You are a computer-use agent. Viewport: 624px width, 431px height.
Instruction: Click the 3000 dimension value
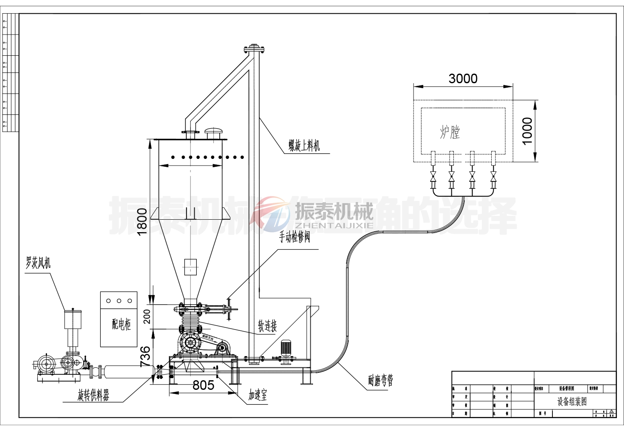coord(463,79)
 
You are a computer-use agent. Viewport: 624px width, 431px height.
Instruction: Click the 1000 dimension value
coord(527,131)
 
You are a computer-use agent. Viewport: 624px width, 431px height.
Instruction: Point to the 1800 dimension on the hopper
coord(142,221)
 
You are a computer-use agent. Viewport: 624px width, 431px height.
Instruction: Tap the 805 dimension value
coord(203,385)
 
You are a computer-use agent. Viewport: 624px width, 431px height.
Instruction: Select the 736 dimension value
coord(145,356)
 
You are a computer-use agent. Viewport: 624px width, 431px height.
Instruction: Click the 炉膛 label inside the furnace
coord(450,132)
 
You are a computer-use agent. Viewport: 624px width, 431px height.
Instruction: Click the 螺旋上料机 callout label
coord(305,146)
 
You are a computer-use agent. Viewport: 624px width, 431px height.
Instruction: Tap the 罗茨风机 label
coord(38,263)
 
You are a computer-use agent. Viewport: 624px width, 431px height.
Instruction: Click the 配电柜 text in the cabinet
coord(121,324)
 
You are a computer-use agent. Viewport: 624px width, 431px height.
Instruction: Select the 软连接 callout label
coord(267,326)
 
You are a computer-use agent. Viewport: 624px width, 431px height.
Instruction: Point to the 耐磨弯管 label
coord(380,380)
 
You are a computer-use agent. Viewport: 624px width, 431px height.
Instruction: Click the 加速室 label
coord(258,395)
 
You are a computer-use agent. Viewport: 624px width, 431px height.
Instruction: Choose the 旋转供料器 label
coord(93,395)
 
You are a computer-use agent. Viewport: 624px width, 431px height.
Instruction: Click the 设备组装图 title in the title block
coord(572,401)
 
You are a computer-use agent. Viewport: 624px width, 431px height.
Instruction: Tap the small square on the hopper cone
coord(190,267)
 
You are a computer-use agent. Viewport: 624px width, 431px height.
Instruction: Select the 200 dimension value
coord(147,317)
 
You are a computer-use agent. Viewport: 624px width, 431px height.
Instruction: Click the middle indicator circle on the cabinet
coord(119,301)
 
